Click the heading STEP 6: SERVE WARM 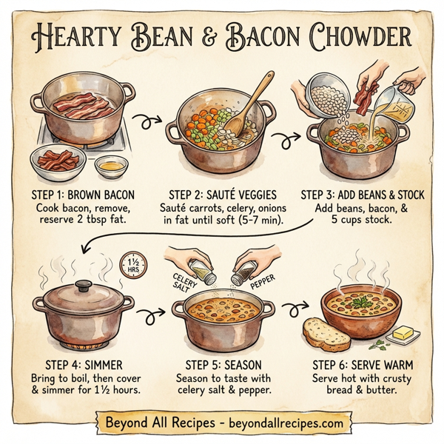click(363, 365)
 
